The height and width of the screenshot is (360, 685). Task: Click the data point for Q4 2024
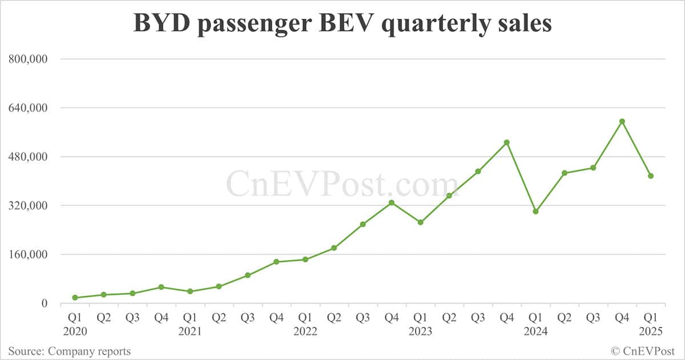622,122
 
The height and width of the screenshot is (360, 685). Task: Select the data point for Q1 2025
650,176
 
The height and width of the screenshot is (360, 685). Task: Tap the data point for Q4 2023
506,143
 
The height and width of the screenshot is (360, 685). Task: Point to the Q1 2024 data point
535,212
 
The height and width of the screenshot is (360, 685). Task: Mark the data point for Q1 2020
75,298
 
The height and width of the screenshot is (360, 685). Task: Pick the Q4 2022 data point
392,203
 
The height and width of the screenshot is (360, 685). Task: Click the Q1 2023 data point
420,223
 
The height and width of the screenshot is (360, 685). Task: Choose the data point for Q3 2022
362,224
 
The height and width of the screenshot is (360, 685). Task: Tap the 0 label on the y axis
43,304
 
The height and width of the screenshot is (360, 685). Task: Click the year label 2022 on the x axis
305,330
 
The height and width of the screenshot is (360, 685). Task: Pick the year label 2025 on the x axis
650,330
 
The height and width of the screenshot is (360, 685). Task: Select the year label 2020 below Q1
75,330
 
